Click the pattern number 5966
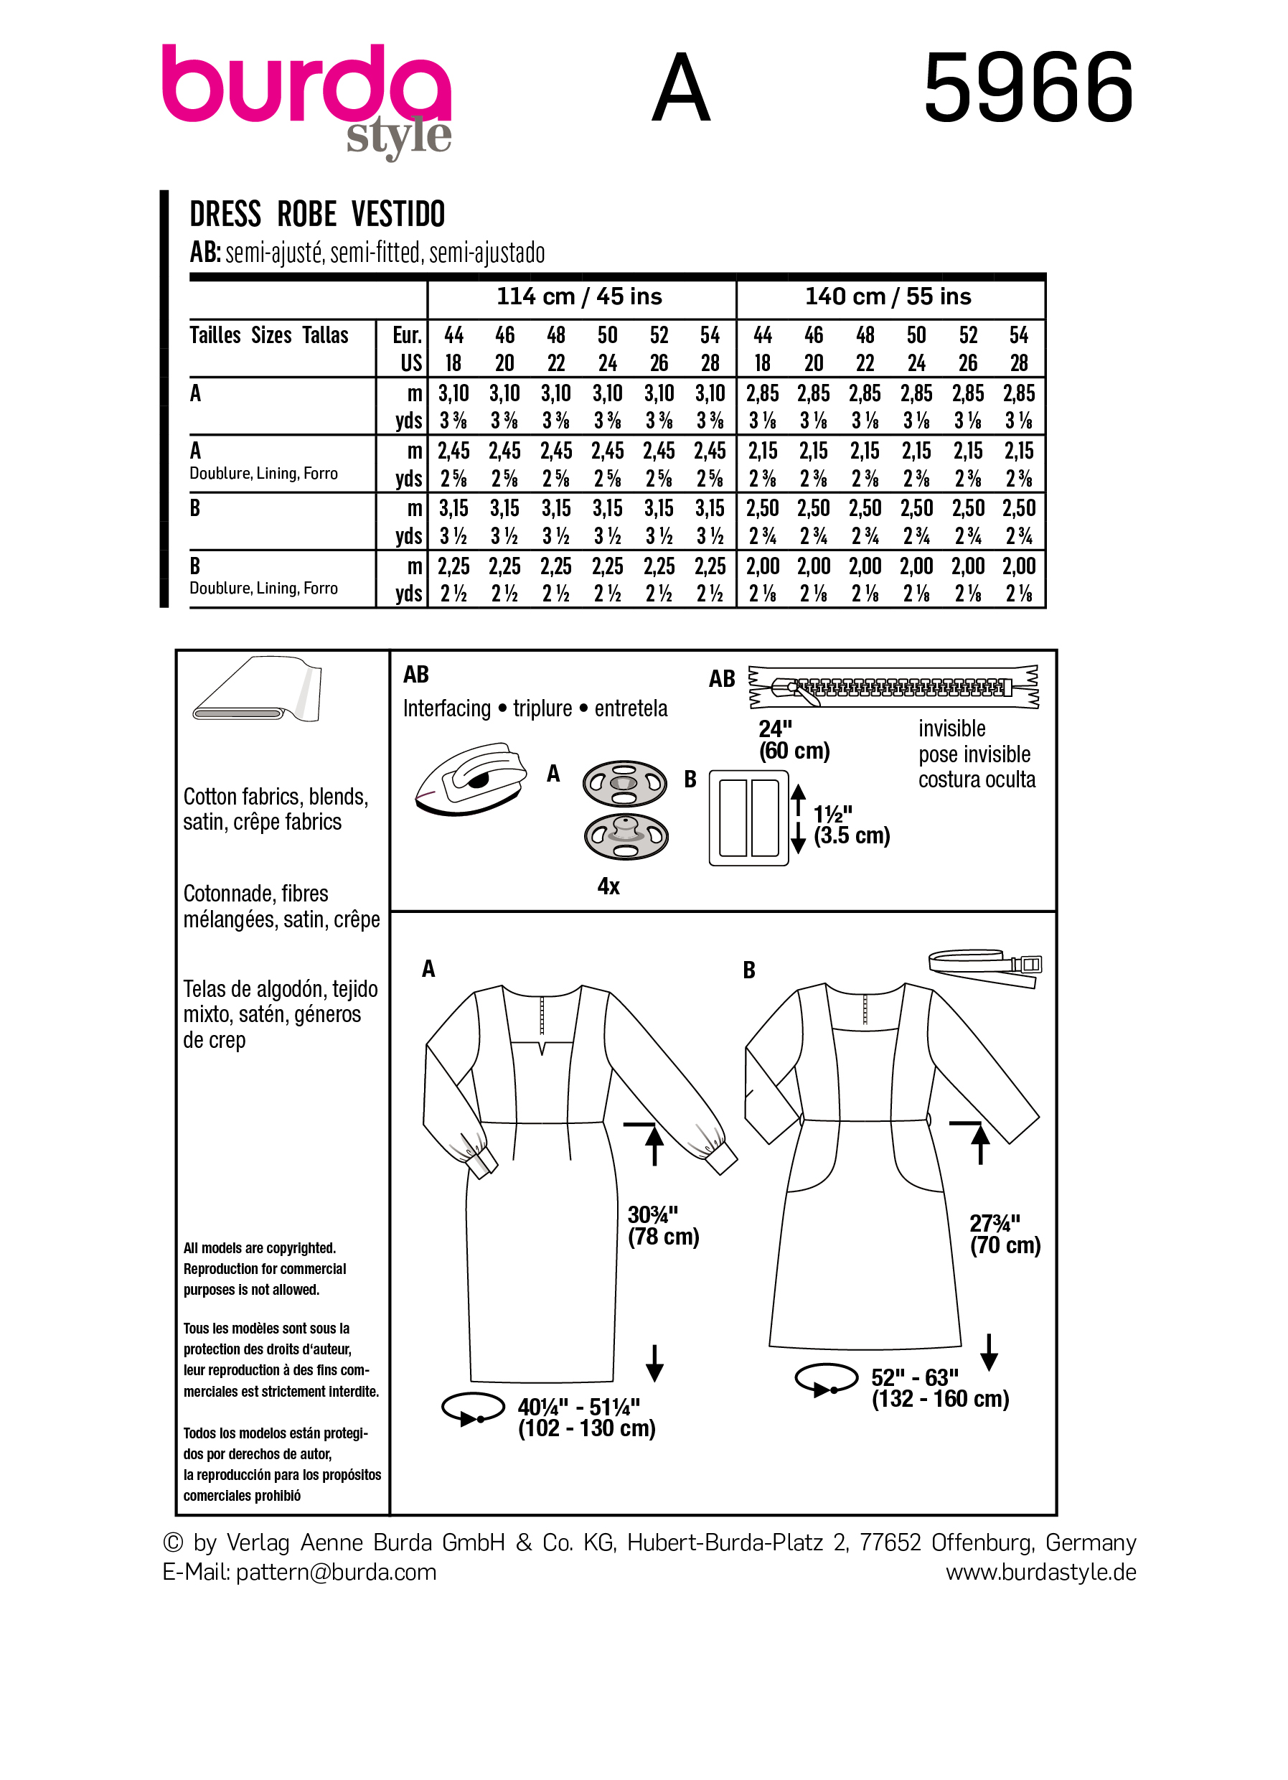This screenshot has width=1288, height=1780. tap(1028, 87)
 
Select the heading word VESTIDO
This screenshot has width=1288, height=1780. tap(398, 215)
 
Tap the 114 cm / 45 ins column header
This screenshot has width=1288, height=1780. tap(579, 296)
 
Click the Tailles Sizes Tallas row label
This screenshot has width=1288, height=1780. tap(269, 336)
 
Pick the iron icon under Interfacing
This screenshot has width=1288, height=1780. tap(470, 781)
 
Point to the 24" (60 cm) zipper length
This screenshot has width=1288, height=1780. tap(793, 739)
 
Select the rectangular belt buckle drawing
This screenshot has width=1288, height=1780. tap(748, 818)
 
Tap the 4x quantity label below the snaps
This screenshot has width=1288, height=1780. tap(608, 886)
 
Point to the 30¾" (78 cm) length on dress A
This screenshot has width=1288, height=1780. tap(662, 1225)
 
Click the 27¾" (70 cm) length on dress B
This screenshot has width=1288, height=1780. tap(1004, 1234)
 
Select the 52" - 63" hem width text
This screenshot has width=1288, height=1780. tap(939, 1388)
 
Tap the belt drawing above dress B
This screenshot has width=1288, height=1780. tap(985, 967)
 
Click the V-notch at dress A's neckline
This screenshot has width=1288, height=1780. tap(540, 1047)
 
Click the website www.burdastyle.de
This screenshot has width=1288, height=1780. tap(1040, 1572)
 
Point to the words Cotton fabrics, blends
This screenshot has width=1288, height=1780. tap(276, 797)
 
